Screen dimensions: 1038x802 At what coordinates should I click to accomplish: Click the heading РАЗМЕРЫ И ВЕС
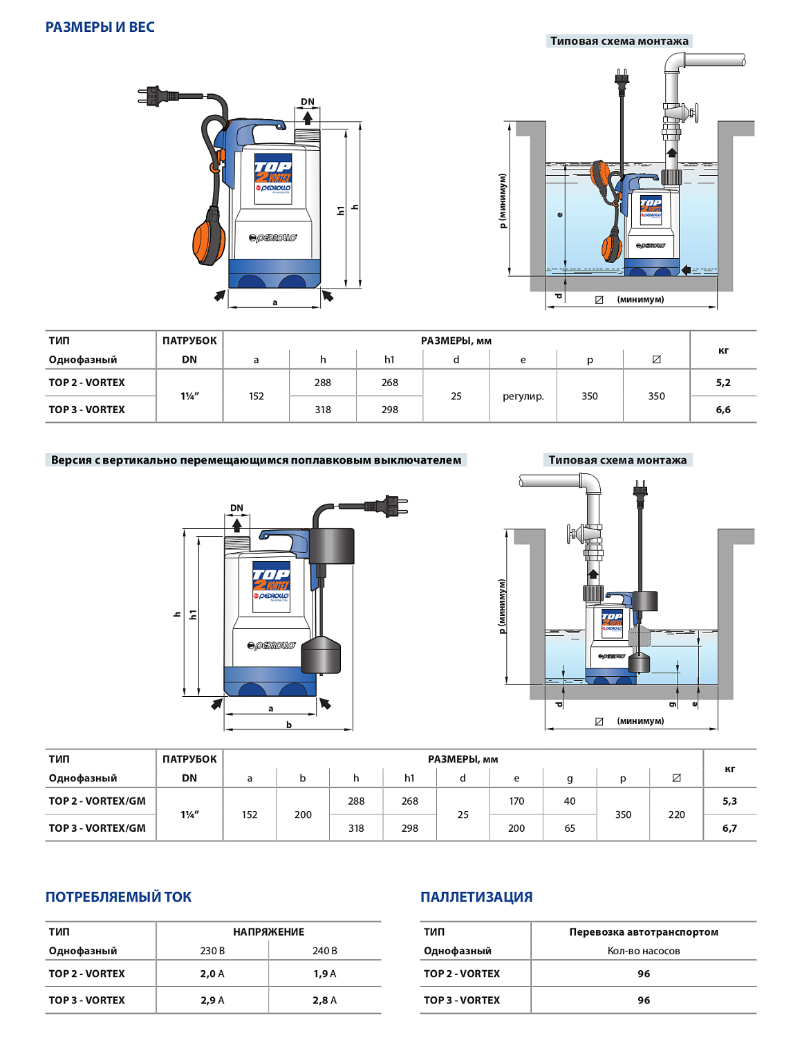coord(100,27)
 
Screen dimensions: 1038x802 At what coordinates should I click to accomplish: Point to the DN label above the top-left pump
coord(308,102)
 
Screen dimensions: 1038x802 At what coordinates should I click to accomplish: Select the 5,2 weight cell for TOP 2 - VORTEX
coord(723,383)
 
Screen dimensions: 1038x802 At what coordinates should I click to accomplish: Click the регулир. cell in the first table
coord(523,397)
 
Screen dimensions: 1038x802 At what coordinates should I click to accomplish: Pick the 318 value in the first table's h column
coord(323,410)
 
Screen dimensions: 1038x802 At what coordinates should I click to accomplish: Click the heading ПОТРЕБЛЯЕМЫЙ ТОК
coord(118,897)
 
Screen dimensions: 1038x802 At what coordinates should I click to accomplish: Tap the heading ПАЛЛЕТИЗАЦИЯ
coord(476,897)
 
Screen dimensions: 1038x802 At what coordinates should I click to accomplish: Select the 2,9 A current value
coord(212,1001)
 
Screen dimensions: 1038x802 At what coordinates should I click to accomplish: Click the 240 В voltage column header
coord(324,951)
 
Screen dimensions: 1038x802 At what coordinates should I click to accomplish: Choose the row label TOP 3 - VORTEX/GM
coord(97,828)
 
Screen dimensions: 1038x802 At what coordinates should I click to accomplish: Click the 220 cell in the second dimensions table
coord(676,814)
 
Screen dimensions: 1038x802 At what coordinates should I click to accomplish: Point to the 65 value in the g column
coord(570,828)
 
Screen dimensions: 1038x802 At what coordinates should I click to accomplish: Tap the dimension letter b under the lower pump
coord(289,725)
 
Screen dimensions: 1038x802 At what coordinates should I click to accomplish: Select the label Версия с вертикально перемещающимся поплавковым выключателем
coord(256,460)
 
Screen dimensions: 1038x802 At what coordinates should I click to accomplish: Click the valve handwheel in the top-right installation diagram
coord(694,112)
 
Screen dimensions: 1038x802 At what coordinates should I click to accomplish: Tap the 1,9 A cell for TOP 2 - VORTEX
coord(324,974)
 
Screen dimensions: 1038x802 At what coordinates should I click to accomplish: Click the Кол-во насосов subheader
coord(643,951)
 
